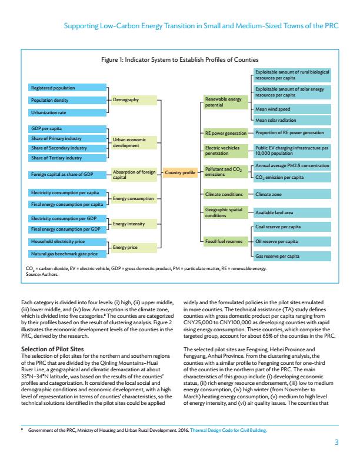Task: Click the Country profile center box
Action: (x=180, y=172)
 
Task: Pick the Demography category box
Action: (x=134, y=100)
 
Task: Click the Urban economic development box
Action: (x=134, y=142)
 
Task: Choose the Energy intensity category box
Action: (x=134, y=224)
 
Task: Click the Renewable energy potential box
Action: (x=224, y=102)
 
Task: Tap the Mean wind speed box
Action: (x=292, y=109)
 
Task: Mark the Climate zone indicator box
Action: (x=292, y=194)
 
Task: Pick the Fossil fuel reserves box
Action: (x=224, y=241)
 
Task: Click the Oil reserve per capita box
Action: (x=292, y=241)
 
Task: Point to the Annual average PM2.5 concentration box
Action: (x=292, y=166)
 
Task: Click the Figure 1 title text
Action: (x=180, y=60)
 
